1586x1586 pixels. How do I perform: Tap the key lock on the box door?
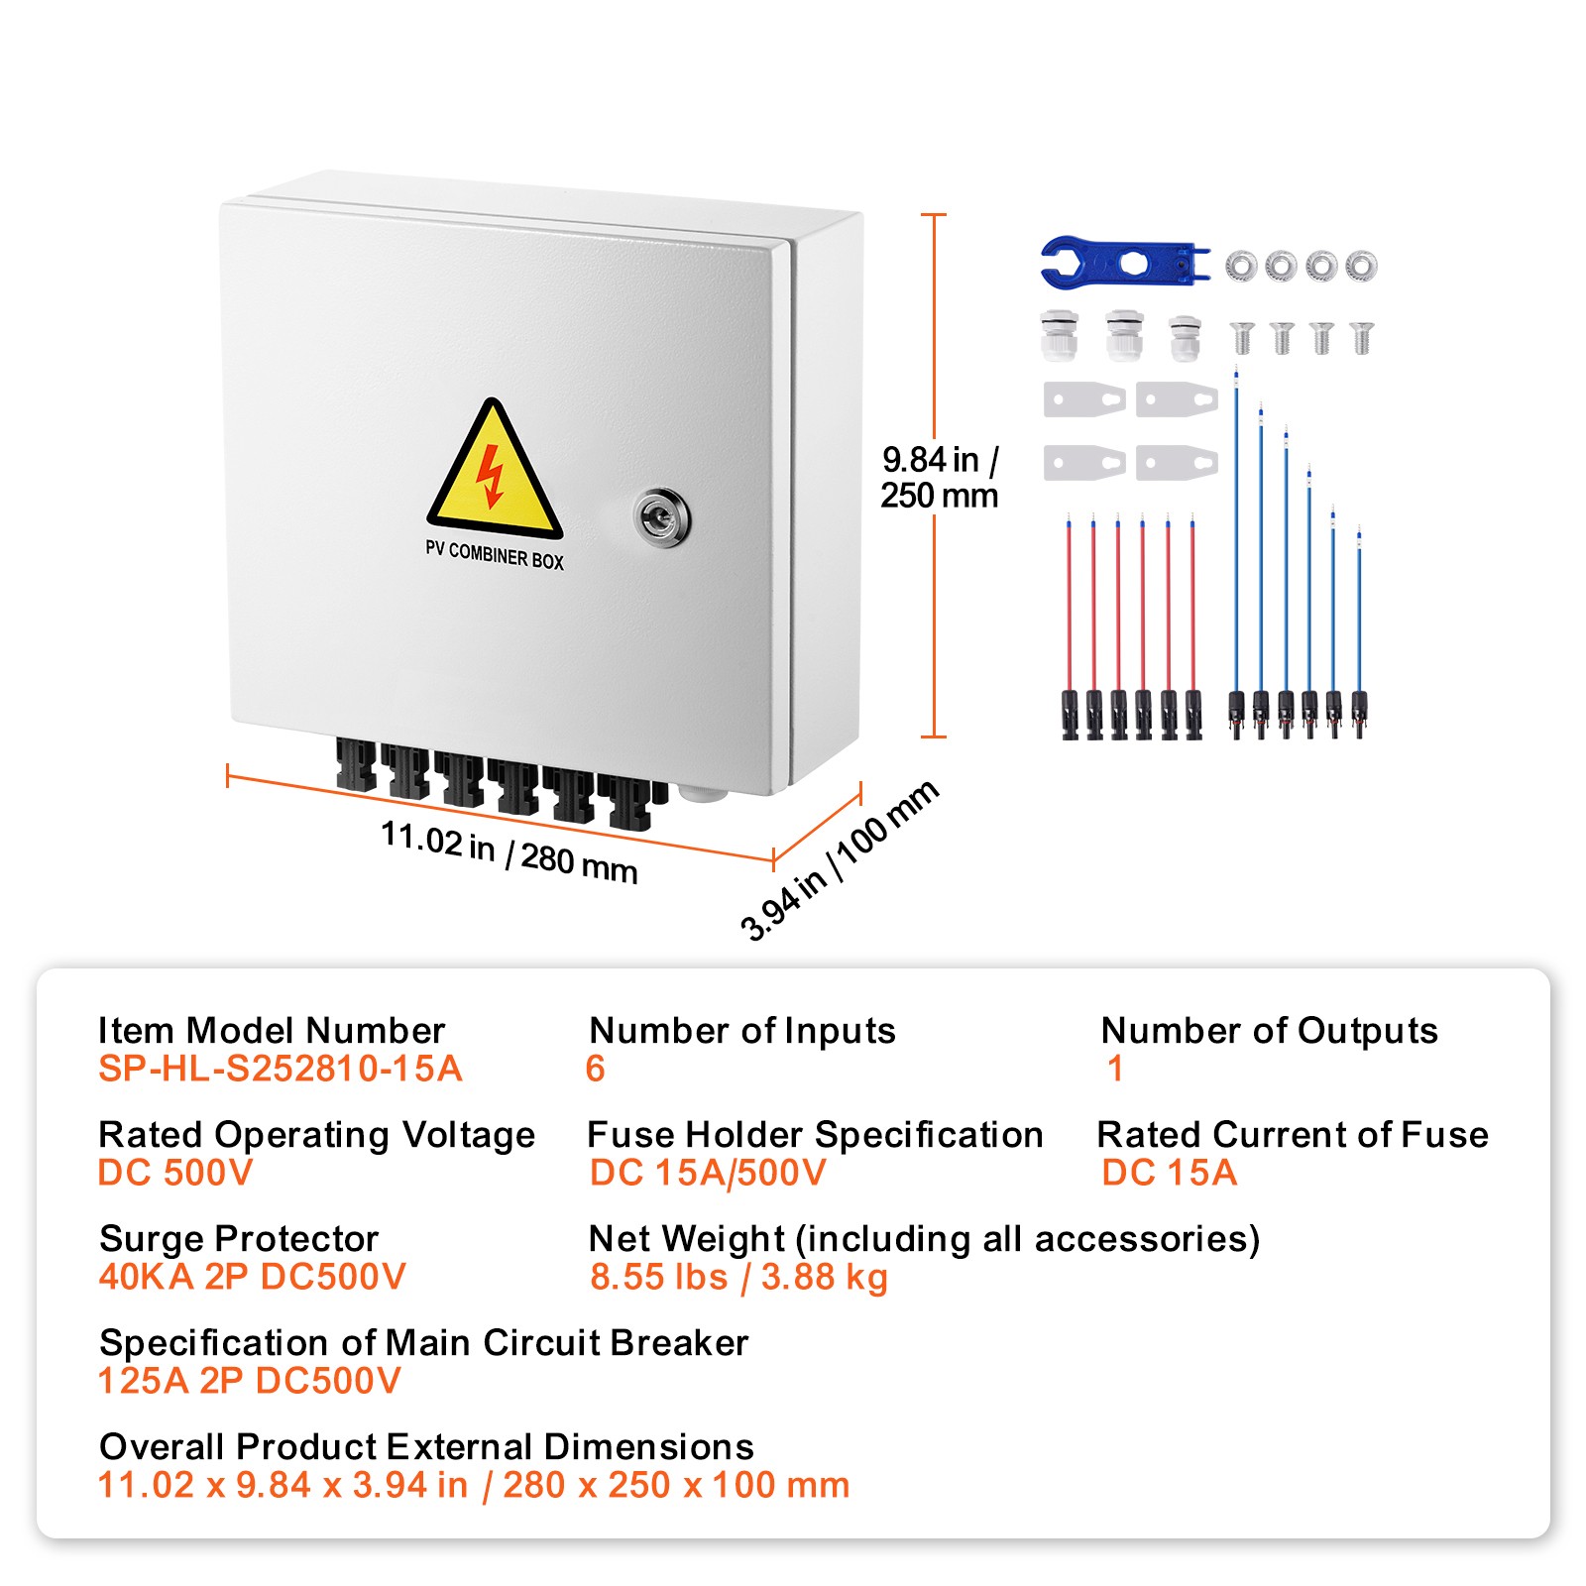pyautogui.click(x=660, y=516)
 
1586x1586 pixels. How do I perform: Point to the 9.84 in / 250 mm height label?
pyautogui.click(x=940, y=477)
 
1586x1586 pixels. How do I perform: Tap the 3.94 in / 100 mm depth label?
pyautogui.click(x=839, y=859)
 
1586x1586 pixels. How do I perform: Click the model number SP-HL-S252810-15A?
pyautogui.click(x=280, y=1069)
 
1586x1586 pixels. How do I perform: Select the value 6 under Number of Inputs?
pyautogui.click(x=595, y=1069)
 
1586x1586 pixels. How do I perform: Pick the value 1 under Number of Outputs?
pyautogui.click(x=1115, y=1069)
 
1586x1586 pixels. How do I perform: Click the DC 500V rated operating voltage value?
pyautogui.click(x=175, y=1173)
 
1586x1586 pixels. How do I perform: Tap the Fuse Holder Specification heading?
pyautogui.click(x=814, y=1134)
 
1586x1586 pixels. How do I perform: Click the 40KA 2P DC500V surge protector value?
pyautogui.click(x=252, y=1277)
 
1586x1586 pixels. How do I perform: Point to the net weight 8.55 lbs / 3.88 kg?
pyautogui.click(x=738, y=1277)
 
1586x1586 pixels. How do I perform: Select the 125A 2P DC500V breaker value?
pyautogui.click(x=249, y=1381)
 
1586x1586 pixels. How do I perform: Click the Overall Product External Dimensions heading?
pyautogui.click(x=426, y=1446)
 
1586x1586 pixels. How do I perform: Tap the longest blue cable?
pyautogui.click(x=1236, y=535)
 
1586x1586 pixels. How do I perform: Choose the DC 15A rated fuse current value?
pyautogui.click(x=1169, y=1173)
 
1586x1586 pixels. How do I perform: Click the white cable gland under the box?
pyautogui.click(x=704, y=792)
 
